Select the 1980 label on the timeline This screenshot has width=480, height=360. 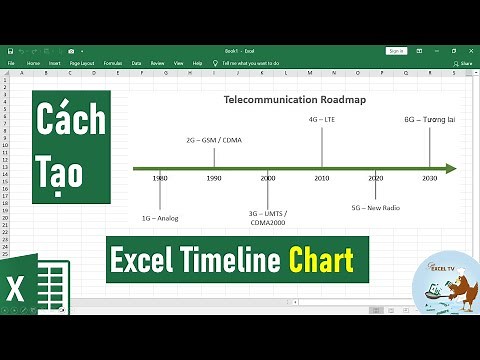160,178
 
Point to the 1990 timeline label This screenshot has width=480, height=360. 214,178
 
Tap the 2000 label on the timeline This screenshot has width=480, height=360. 268,178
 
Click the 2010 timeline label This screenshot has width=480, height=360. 322,178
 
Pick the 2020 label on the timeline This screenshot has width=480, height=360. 376,178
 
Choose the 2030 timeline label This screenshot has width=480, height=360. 429,178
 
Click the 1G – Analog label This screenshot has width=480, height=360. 160,218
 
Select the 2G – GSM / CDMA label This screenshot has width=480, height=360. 214,139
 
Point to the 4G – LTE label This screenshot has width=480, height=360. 322,119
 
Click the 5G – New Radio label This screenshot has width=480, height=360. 376,209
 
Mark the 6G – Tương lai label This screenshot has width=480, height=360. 430,119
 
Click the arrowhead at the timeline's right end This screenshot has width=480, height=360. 451,168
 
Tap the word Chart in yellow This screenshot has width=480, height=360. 322,262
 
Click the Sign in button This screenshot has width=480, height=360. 396,50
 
